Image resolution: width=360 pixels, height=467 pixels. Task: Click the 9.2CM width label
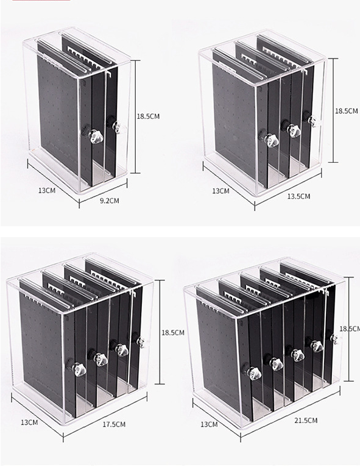tap(110, 201)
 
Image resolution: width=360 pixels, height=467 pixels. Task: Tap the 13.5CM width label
tap(298, 196)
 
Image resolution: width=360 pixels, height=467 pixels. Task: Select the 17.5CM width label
tap(114, 424)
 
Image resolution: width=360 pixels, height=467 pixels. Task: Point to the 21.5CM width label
tap(306, 420)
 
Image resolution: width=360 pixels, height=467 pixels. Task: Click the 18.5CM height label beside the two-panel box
tap(148, 116)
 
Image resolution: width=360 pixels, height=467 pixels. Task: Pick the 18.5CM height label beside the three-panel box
tap(347, 111)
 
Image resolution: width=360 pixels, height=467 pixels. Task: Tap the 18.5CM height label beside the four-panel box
tap(173, 332)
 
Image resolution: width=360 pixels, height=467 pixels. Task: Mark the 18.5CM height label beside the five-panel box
tap(350, 328)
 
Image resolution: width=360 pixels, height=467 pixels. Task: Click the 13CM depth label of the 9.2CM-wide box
tap(47, 190)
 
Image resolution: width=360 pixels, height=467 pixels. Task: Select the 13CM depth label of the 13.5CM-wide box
tap(221, 191)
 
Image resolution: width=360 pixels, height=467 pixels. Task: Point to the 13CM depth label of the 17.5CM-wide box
tap(29, 422)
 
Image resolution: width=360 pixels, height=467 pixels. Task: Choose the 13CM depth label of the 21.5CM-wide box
tap(209, 424)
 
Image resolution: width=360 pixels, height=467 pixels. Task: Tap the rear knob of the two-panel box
tap(116, 126)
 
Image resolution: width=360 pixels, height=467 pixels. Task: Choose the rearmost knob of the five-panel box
tap(334, 338)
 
